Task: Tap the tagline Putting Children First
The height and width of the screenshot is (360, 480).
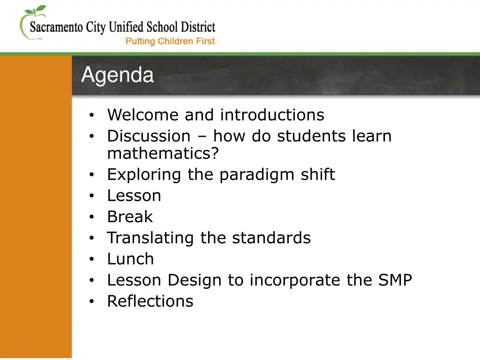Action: [170, 41]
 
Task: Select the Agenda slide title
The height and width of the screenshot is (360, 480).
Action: [117, 75]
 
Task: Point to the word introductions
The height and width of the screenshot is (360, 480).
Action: [272, 115]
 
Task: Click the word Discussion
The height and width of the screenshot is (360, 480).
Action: [149, 136]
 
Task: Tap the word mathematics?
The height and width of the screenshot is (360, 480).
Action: [163, 153]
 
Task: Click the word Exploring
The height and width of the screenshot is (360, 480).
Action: [145, 174]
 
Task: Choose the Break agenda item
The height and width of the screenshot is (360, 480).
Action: [130, 217]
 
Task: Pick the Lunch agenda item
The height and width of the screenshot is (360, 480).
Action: [130, 259]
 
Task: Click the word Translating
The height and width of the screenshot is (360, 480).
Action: [151, 238]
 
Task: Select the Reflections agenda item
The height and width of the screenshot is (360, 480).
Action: [150, 301]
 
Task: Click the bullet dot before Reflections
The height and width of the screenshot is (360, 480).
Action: [92, 301]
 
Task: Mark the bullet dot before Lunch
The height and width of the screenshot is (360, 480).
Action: [92, 259]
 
